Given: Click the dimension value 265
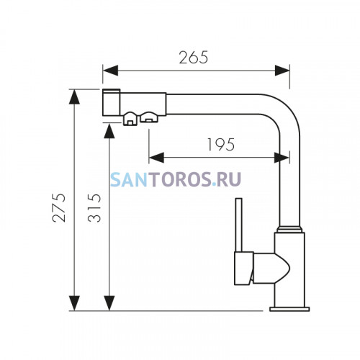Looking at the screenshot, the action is tap(194, 58).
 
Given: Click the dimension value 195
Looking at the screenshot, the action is tap(221, 145).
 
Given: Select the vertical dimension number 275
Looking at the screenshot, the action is tap(59, 208).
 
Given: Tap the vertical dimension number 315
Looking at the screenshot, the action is tap(94, 208).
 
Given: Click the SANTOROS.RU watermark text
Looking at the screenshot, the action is tap(176, 179).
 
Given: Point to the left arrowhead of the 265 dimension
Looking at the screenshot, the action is tap(110, 71).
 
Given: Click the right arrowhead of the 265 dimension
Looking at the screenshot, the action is tap(282, 71).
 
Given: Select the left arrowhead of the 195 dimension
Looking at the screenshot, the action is tap(156, 158).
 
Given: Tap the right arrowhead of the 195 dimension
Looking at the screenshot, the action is tap(282, 158).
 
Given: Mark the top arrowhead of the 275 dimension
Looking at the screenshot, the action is tap(74, 96).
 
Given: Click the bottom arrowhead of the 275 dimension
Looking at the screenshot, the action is tap(74, 303).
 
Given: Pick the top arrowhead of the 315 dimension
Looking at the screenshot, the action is tap(109, 131).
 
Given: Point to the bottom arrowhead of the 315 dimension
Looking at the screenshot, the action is tap(109, 303).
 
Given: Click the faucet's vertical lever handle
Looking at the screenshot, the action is tap(239, 225).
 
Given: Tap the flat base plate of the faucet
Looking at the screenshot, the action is tap(289, 309).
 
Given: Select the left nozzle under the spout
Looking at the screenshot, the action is tap(130, 119).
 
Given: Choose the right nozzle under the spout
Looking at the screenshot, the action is tap(149, 117).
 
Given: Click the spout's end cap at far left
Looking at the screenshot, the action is tap(111, 102).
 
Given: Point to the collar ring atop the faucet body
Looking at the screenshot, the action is tap(289, 229).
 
